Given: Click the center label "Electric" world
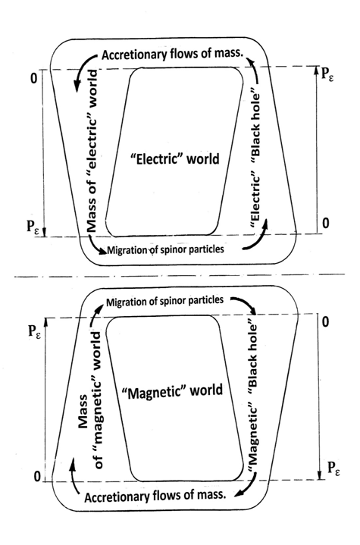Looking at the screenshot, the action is click(174, 159).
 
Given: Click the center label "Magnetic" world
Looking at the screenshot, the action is click(172, 391).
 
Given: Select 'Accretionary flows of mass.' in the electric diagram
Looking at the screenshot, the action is click(172, 55).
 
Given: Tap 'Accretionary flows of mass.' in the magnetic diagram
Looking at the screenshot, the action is click(155, 496).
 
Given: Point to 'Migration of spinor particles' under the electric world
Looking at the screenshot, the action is click(165, 249).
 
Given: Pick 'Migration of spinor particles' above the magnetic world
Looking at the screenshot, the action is click(164, 301).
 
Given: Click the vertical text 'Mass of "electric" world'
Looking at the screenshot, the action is click(92, 151).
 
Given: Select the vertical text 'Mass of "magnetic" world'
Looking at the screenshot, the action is click(90, 400).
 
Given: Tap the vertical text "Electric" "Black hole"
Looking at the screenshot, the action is click(255, 160).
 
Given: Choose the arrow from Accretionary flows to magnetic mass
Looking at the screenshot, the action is click(74, 475).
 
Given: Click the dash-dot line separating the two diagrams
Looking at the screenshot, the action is click(180, 276).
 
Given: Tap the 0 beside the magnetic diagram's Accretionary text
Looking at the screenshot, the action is click(37, 477).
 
